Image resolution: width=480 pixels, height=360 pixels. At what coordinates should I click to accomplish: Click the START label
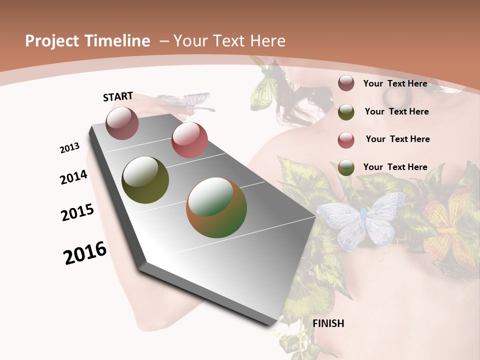[x=118, y=96]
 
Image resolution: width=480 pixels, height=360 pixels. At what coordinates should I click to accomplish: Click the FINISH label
[x=328, y=323]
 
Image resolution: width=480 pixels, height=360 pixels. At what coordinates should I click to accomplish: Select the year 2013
[x=70, y=148]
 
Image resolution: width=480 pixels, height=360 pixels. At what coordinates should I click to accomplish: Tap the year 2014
[x=74, y=177]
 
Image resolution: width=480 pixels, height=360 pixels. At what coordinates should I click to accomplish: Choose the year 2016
[x=85, y=253]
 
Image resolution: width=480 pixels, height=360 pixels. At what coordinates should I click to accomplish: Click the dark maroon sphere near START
[x=122, y=123]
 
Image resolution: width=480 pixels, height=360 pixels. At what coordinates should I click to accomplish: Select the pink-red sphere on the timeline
[x=189, y=140]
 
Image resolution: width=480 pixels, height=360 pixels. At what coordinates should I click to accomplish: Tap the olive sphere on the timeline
[x=145, y=180]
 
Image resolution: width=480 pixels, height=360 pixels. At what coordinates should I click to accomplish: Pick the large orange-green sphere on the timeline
[x=216, y=207]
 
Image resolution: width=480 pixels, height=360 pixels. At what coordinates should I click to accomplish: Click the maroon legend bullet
[x=346, y=83]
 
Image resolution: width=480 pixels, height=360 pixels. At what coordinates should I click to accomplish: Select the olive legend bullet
[x=346, y=112]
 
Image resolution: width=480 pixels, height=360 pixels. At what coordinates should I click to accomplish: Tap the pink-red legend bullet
[x=346, y=140]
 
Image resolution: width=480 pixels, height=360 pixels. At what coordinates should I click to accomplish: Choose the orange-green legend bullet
[x=346, y=167]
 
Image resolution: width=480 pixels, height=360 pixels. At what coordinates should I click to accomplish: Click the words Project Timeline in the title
[x=87, y=41]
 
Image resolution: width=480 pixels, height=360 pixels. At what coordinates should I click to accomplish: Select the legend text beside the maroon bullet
[x=395, y=83]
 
